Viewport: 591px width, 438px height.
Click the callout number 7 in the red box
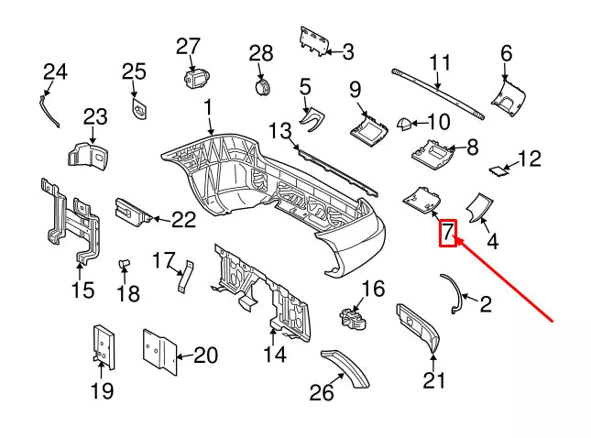tap(448, 233)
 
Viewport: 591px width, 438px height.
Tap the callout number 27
tap(187, 46)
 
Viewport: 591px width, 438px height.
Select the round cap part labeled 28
tap(260, 86)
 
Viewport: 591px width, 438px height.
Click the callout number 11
tap(441, 63)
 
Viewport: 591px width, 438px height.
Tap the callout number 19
tap(102, 390)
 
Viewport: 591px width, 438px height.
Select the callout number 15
tap(82, 290)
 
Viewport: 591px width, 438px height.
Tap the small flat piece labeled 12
tap(498, 170)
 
